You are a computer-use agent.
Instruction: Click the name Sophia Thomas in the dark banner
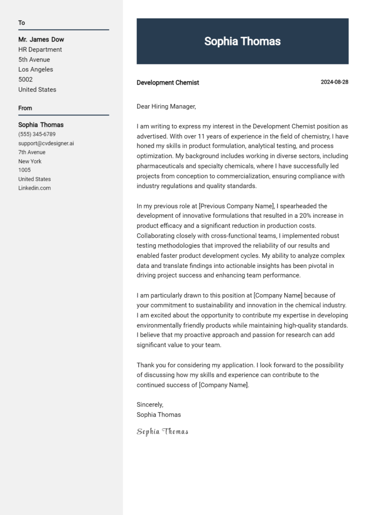click(242, 41)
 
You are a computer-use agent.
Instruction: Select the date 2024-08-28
click(334, 82)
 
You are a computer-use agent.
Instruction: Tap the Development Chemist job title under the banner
click(168, 83)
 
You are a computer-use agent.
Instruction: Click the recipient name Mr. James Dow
click(41, 40)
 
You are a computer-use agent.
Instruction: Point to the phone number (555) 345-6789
click(37, 134)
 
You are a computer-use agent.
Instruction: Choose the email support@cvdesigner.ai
click(46, 143)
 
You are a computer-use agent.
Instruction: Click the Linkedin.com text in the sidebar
click(34, 188)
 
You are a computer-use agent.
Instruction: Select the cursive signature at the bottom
click(162, 432)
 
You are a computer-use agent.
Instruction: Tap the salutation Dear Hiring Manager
click(166, 107)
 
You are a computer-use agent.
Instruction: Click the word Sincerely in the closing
click(150, 405)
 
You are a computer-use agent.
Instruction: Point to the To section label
click(22, 23)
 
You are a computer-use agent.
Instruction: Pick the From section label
click(25, 108)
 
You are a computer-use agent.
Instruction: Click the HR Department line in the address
click(40, 50)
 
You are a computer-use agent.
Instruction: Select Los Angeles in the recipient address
click(36, 70)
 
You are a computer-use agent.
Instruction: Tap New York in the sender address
click(30, 161)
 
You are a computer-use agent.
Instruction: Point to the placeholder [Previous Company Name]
click(237, 206)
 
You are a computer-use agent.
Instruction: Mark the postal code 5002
click(25, 80)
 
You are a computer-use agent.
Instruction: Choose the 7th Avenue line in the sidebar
click(32, 152)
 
